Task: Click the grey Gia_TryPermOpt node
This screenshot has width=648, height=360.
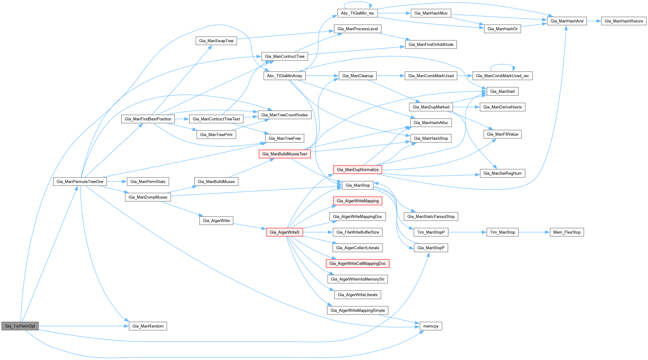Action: click(x=20, y=326)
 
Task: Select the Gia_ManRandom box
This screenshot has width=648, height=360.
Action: click(x=148, y=326)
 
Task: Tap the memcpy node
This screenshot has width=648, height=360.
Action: click(x=431, y=326)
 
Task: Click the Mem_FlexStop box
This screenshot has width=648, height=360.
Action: click(x=567, y=232)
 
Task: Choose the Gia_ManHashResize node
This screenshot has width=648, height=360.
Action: click(x=624, y=21)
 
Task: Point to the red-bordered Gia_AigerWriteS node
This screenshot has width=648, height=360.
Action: click(x=284, y=232)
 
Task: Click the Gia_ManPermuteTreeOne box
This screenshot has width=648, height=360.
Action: click(x=80, y=182)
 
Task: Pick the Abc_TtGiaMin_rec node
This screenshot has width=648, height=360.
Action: click(x=357, y=13)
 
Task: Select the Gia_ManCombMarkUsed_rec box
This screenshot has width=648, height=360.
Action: click(x=502, y=76)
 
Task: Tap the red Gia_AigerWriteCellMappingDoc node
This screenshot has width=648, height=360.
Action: click(x=357, y=263)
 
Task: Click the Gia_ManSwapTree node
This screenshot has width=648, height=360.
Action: click(x=216, y=41)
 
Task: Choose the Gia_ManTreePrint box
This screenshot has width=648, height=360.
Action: click(x=216, y=135)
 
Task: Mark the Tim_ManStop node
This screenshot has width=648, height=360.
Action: click(x=503, y=232)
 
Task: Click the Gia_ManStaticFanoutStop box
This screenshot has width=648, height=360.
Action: click(x=431, y=216)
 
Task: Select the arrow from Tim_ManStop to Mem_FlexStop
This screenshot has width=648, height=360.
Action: click(x=534, y=232)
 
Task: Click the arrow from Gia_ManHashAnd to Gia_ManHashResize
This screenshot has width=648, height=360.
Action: click(x=594, y=21)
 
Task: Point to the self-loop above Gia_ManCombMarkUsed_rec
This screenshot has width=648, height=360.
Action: click(x=503, y=65)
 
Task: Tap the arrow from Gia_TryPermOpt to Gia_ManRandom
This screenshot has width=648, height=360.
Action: click(x=83, y=326)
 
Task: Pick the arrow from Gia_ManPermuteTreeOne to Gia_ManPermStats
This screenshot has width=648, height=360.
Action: click(x=117, y=182)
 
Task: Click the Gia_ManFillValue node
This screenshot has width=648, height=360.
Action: click(x=503, y=134)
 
